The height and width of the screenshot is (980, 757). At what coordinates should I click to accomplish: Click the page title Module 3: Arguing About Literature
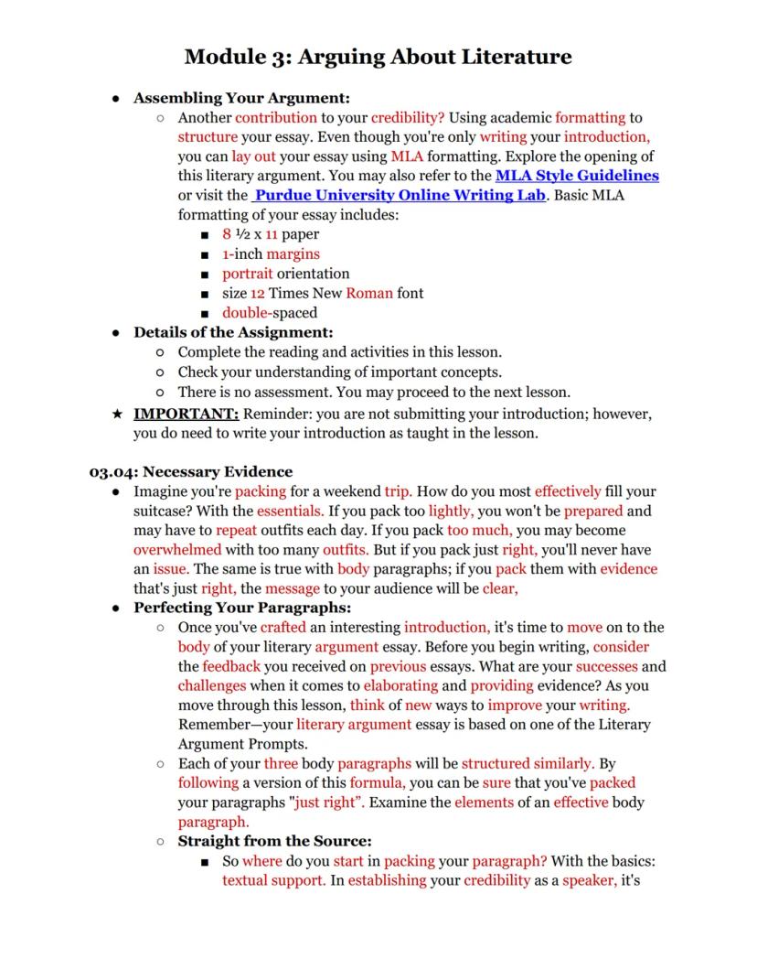(378, 57)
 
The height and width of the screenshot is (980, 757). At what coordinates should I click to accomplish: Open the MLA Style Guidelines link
(577, 176)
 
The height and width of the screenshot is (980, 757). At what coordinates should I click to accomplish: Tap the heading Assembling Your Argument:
(241, 98)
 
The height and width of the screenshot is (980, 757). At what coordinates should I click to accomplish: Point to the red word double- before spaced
(241, 312)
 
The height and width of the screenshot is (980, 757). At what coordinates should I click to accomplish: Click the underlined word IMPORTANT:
(187, 414)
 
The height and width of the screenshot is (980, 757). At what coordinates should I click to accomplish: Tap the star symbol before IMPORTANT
(117, 414)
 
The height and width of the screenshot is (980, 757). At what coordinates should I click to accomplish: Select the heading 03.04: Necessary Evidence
(190, 472)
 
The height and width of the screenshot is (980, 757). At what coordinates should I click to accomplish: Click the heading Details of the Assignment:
(233, 332)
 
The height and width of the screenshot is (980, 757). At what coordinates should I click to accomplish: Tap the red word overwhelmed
(177, 550)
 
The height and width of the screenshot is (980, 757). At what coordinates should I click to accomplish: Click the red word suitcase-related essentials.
(290, 512)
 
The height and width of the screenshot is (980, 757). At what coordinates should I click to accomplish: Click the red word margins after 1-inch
(293, 254)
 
